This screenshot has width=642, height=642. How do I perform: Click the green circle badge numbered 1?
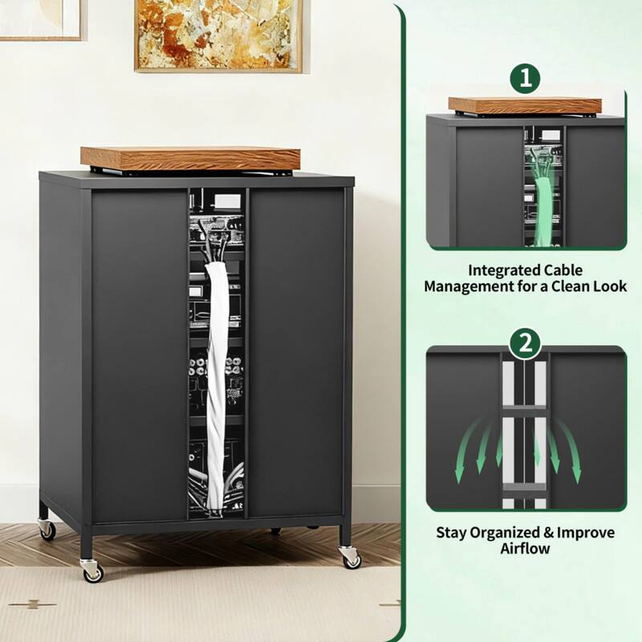coord(526,79)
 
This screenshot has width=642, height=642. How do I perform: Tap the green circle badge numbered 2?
coord(526,344)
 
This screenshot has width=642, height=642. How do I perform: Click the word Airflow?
coord(526,548)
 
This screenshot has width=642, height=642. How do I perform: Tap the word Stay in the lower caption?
coord(451,532)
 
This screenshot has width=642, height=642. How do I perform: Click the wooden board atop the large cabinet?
coord(190,157)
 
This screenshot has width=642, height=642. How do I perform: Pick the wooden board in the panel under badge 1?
coord(525,105)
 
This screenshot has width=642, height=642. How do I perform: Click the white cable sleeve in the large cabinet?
coord(217,377)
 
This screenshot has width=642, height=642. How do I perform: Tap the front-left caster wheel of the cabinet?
coord(92,571)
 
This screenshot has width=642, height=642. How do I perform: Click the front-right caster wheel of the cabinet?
coord(351,557)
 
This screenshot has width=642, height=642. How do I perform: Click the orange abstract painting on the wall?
coord(218,35)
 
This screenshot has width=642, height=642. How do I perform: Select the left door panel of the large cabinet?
coord(139,353)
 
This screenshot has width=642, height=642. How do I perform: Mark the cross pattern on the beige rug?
coord(33,603)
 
